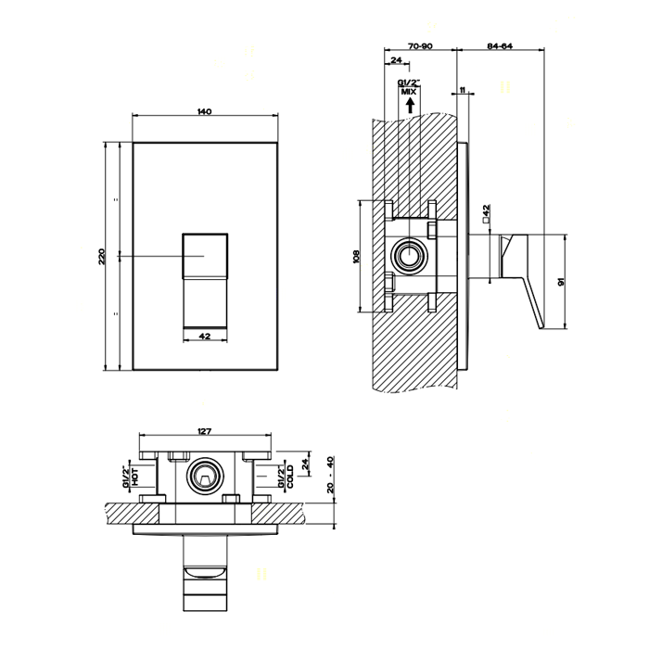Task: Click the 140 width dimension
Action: (x=205, y=112)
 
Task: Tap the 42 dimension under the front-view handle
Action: (x=205, y=336)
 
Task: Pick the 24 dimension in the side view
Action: (x=396, y=60)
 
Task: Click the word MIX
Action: (x=408, y=93)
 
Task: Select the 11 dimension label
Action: (x=461, y=90)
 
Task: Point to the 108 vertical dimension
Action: (x=356, y=257)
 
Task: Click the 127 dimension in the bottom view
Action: (x=206, y=430)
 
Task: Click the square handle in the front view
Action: (x=205, y=256)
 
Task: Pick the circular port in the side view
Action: (x=408, y=257)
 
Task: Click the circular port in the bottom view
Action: (x=205, y=477)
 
